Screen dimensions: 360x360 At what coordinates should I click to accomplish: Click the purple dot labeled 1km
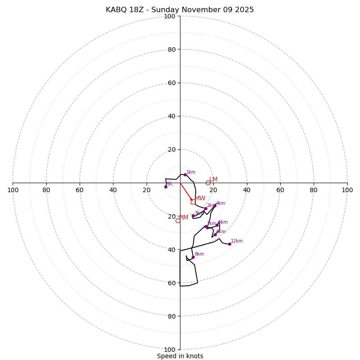click(x=185, y=175)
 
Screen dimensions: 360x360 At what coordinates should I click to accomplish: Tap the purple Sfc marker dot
click(x=166, y=187)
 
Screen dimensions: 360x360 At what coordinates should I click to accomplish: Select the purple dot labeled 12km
click(x=229, y=244)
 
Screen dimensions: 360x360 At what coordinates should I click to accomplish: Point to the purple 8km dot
click(x=193, y=257)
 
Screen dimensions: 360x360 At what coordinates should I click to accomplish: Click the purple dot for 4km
click(x=215, y=206)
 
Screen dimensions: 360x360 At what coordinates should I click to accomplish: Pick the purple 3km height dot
click(x=193, y=216)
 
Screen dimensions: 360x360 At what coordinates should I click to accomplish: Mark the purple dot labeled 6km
click(x=215, y=234)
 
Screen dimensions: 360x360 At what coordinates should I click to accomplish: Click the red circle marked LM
click(x=208, y=183)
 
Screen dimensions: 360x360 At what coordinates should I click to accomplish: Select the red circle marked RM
click(x=178, y=220)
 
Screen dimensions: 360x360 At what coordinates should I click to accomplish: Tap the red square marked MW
click(x=193, y=202)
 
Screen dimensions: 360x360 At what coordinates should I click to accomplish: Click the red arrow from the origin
click(x=186, y=191)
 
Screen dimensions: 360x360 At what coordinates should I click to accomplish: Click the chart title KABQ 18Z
click(x=180, y=10)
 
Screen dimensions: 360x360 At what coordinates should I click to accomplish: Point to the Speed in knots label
click(x=180, y=356)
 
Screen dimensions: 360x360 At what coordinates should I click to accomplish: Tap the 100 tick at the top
click(x=170, y=16)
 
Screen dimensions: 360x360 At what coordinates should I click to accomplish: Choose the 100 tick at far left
click(x=13, y=190)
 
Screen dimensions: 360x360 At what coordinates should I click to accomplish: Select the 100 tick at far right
click(x=347, y=190)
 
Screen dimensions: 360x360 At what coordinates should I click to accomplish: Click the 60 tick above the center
click(x=170, y=83)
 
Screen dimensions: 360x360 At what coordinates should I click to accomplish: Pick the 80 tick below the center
click(x=170, y=316)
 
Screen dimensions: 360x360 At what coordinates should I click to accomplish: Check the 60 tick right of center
click(x=280, y=190)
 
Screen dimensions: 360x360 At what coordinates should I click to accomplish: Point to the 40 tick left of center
click(x=113, y=190)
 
